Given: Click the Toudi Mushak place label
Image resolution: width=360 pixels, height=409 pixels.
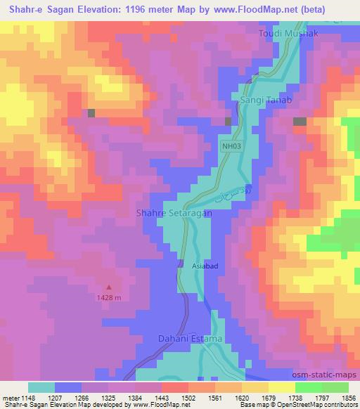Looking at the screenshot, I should (288, 34).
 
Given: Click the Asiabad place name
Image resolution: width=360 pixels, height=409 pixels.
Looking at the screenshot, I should (207, 266).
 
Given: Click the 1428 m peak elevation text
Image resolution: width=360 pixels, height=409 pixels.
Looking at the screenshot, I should (109, 297).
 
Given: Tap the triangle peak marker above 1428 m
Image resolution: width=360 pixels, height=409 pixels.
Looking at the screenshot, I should (109, 287).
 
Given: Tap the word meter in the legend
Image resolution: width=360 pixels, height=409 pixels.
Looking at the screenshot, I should (10, 397).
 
